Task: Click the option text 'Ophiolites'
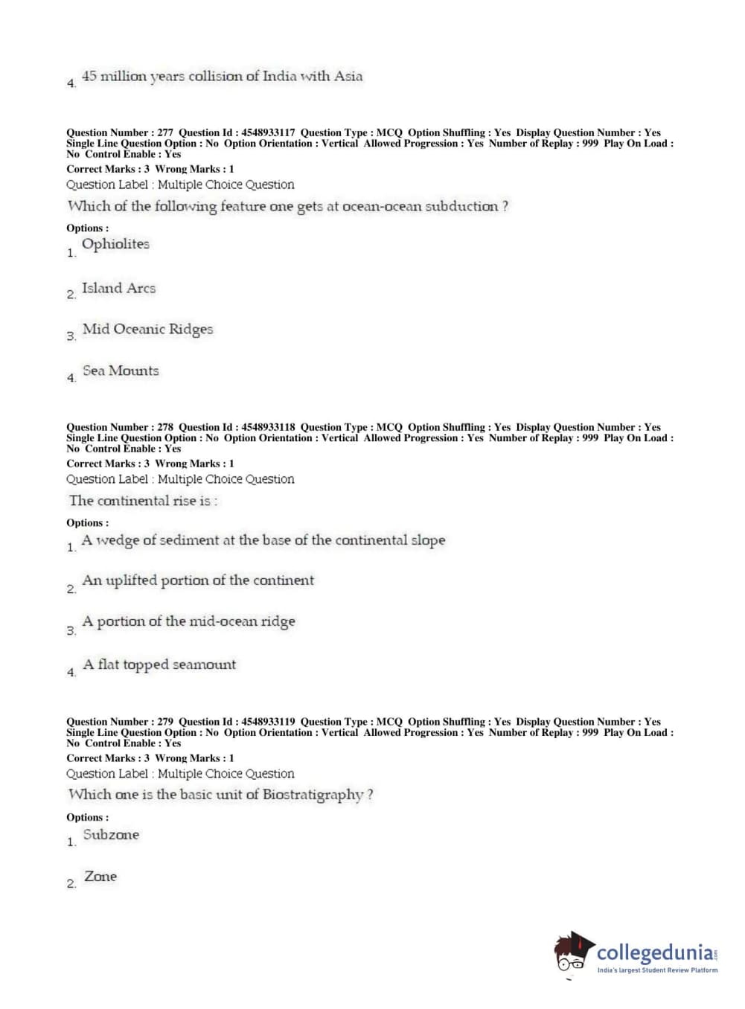[115, 244]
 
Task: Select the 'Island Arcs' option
[118, 288]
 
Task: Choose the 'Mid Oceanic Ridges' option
[147, 329]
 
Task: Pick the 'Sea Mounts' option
[121, 371]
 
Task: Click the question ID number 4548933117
[268, 132]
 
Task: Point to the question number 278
[165, 427]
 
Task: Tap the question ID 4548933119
[268, 722]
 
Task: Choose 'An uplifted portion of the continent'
[198, 580]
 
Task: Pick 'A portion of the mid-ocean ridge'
[188, 621]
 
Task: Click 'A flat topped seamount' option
[159, 664]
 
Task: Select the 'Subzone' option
[111, 835]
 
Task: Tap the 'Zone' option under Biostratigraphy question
[100, 877]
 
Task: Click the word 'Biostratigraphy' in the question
[313, 795]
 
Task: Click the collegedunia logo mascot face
[572, 955]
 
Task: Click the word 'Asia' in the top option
[348, 76]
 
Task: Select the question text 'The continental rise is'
[143, 501]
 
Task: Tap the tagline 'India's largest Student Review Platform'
[657, 970]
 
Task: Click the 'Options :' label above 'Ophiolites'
[87, 228]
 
